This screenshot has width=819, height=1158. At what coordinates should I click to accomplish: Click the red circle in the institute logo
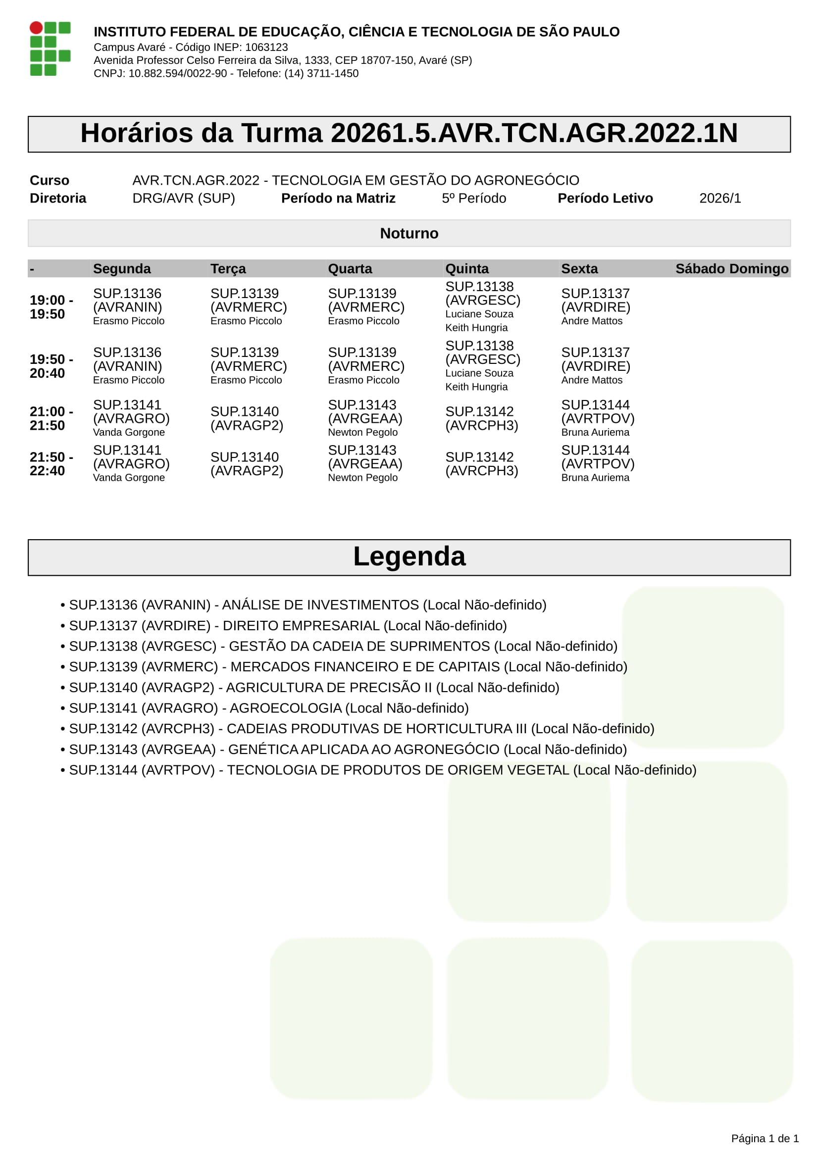pyautogui.click(x=36, y=28)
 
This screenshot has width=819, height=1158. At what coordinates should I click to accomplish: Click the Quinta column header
pyautogui.click(x=466, y=269)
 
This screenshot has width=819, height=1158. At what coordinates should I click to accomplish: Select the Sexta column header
pyautogui.click(x=579, y=269)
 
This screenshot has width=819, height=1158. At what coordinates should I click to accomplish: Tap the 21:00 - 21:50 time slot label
pyautogui.click(x=51, y=419)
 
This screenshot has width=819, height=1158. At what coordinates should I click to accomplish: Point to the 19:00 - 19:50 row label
pyautogui.click(x=51, y=307)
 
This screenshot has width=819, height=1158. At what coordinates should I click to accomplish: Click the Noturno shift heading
pyautogui.click(x=409, y=234)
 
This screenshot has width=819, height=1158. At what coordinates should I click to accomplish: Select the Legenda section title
pyautogui.click(x=409, y=557)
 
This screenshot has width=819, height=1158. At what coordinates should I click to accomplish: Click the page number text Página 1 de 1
pyautogui.click(x=765, y=1138)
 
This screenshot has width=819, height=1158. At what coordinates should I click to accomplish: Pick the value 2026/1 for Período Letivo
pyautogui.click(x=719, y=198)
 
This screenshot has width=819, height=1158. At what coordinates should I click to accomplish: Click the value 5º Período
pyautogui.click(x=473, y=198)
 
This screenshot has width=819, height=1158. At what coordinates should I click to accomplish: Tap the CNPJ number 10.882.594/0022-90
pyautogui.click(x=178, y=74)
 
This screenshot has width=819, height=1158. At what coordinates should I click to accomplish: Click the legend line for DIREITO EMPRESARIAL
pyautogui.click(x=288, y=626)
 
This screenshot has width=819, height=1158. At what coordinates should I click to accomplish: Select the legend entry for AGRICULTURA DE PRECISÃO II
pyautogui.click(x=313, y=688)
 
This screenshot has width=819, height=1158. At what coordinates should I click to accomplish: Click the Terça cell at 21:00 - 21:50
pyautogui.click(x=247, y=419)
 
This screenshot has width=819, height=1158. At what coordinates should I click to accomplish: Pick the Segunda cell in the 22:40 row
pyautogui.click(x=131, y=463)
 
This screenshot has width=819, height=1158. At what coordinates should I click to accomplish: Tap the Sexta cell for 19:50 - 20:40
pyautogui.click(x=596, y=366)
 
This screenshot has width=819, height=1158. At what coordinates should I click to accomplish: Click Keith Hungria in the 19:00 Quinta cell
pyautogui.click(x=476, y=328)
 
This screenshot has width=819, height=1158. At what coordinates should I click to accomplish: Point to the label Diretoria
pyautogui.click(x=58, y=198)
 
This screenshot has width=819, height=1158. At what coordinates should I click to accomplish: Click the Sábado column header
pyautogui.click(x=702, y=269)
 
